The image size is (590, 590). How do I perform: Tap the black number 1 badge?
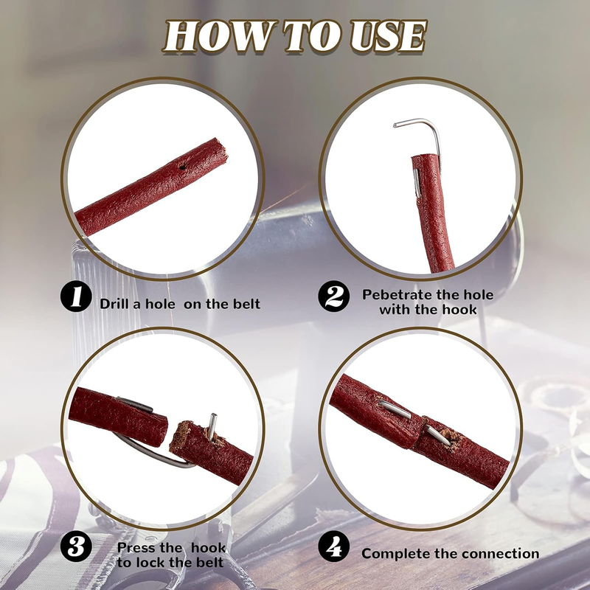[76, 296]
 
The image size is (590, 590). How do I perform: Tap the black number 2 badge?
[334, 296]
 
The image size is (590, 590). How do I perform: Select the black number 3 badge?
[76, 546]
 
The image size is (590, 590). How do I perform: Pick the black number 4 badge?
[334, 546]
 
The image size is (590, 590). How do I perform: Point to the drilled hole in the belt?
[182, 167]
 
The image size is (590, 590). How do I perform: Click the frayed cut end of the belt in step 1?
[221, 150]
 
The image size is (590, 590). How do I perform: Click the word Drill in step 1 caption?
[115, 304]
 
